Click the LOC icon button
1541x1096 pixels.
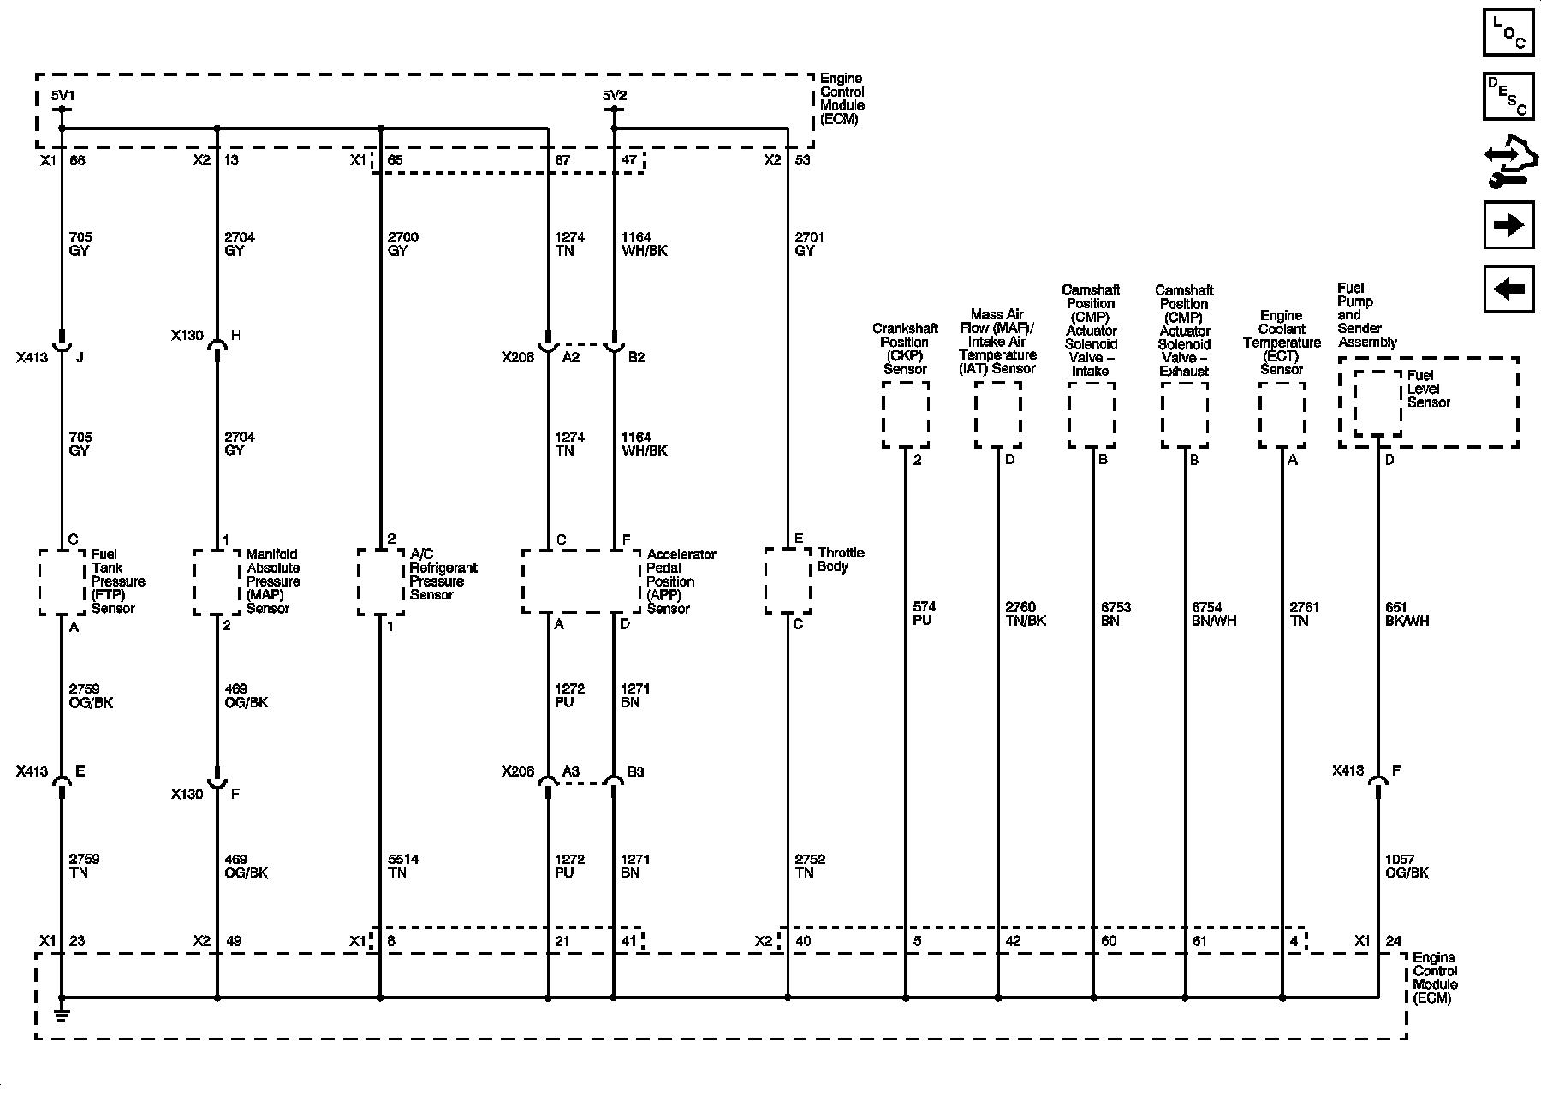(1508, 33)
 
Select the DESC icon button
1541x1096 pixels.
(1508, 95)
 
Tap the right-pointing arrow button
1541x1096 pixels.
(1508, 225)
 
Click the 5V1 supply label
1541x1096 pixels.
(62, 96)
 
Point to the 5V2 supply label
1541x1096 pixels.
(614, 96)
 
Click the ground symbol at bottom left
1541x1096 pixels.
(62, 1014)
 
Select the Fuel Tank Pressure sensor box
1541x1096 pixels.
(62, 581)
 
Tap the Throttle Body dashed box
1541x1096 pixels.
(788, 581)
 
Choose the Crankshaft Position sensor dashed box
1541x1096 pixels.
(906, 414)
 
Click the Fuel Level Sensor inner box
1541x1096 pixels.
(1378, 402)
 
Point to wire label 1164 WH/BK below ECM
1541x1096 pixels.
(644, 244)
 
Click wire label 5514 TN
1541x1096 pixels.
(402, 866)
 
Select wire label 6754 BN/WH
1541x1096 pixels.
(1214, 614)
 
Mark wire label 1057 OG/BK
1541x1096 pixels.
(1407, 866)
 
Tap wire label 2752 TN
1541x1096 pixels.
(810, 866)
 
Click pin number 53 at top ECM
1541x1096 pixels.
(802, 160)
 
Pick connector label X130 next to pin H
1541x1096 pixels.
(187, 336)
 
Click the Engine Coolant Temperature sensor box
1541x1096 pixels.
(1282, 414)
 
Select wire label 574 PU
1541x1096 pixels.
(925, 614)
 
